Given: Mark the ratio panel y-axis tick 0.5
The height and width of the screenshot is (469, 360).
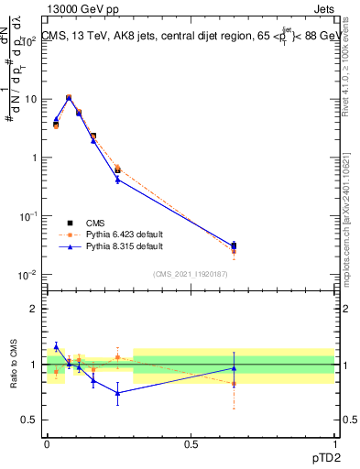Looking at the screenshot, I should tap(33, 420).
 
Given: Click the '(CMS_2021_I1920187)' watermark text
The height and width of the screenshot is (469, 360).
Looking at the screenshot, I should tap(190, 273).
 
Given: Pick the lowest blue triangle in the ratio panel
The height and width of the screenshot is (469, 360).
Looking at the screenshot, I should tap(117, 393).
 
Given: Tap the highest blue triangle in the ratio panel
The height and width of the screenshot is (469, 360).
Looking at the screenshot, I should tap(56, 346).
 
